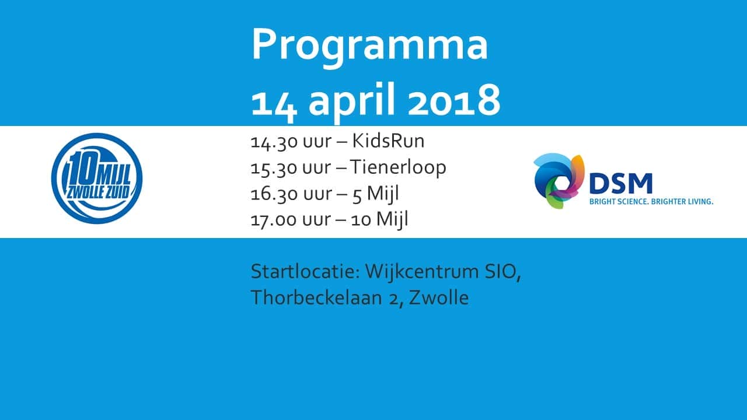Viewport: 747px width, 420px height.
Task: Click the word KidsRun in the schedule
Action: (388, 141)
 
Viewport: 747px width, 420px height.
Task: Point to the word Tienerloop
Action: (398, 167)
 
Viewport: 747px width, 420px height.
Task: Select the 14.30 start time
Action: (274, 142)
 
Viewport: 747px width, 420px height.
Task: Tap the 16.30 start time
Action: (274, 194)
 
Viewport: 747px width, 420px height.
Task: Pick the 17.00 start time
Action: (274, 220)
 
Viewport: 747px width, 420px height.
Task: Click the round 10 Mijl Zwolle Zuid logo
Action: (97, 178)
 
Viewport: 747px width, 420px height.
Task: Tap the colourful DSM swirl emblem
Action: (559, 181)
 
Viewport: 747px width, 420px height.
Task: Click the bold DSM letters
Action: (620, 183)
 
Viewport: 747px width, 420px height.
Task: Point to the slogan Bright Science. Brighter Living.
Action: (651, 202)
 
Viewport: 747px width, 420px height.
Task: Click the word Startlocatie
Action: (305, 272)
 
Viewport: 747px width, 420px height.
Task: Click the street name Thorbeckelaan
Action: (316, 297)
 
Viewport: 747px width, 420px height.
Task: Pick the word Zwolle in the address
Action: (439, 297)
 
